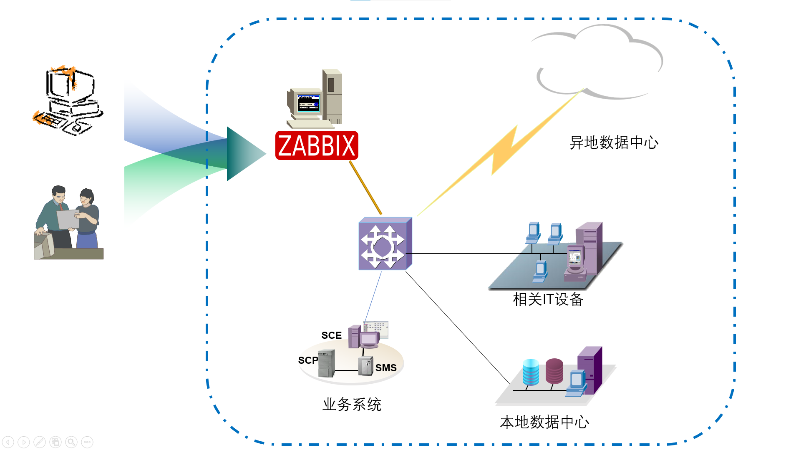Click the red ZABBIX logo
317,145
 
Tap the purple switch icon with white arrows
385,244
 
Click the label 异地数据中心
613,142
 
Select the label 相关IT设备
548,299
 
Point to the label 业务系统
352,404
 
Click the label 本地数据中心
544,422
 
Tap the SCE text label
331,335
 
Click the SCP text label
308,360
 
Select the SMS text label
385,368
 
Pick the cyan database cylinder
531,372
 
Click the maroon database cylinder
554,371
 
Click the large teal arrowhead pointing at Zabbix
244,154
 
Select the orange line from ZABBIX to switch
365,188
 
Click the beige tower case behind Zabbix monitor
332,96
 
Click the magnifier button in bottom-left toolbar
71,442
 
